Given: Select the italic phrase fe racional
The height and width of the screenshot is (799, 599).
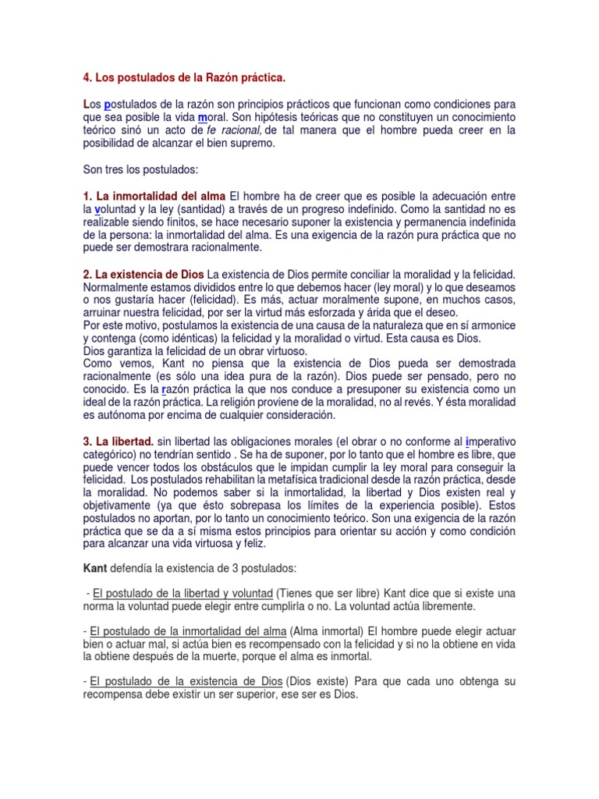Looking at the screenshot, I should [235, 130].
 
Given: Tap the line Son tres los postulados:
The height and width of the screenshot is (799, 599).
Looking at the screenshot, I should [143, 169].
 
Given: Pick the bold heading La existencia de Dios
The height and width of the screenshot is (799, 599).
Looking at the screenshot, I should [144, 275].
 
